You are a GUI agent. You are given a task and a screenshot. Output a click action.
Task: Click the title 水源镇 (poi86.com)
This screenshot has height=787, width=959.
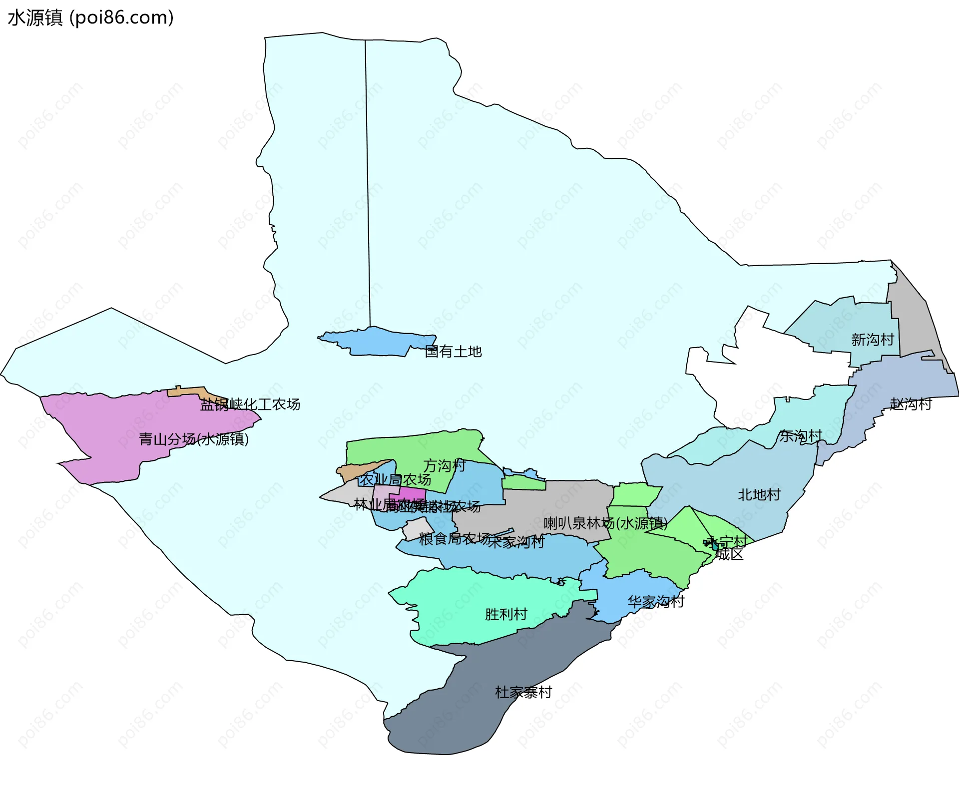point(90,17)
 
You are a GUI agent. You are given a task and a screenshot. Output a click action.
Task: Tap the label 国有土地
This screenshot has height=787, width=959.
point(453,352)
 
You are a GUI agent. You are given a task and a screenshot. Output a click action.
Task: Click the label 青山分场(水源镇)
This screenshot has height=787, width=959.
point(193,439)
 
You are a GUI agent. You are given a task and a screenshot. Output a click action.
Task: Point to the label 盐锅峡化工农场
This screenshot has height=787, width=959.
point(250,404)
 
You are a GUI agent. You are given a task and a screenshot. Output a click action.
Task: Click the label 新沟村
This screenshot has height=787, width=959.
point(872,340)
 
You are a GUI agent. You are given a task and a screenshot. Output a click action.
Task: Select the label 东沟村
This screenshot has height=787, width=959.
point(800,436)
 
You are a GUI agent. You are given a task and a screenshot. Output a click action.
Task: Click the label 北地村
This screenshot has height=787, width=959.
point(759,495)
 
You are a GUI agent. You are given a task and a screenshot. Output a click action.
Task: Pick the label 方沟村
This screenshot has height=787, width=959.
point(444,466)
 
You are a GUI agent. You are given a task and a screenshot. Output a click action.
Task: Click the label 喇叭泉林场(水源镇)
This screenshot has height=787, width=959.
point(605,523)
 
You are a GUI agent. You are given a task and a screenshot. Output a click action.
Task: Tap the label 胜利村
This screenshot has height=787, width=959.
point(506,614)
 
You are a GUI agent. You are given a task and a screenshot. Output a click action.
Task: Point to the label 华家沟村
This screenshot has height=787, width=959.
point(655,602)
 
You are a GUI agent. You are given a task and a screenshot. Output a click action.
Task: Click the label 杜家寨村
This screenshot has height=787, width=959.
point(523,692)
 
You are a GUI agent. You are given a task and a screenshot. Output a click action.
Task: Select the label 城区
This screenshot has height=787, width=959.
point(729,554)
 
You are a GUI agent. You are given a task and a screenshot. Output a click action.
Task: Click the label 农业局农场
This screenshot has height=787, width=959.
point(396,480)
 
